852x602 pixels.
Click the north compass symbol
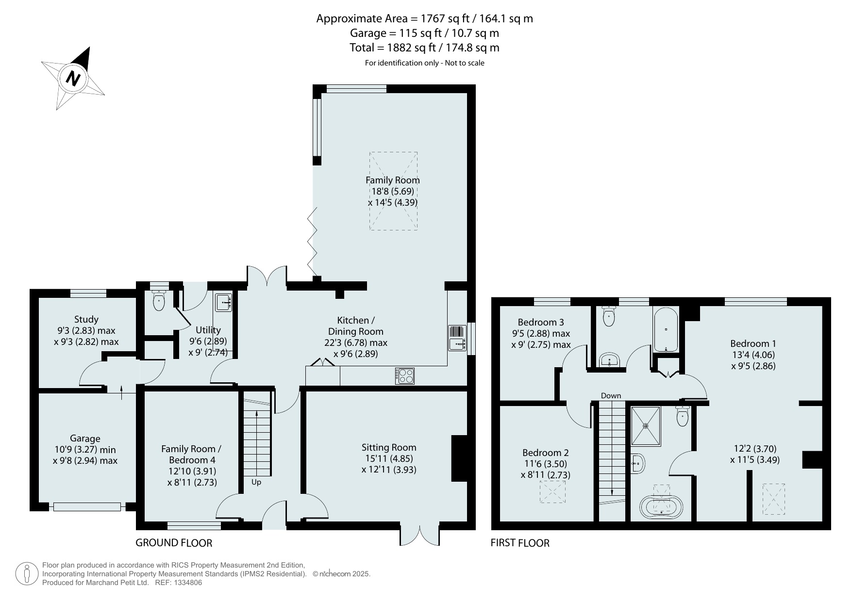point(73,77)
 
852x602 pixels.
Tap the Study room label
point(86,319)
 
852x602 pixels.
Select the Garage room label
point(85,439)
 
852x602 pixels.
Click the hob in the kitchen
point(405,375)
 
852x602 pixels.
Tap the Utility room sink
point(223,302)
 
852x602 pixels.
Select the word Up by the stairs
point(256,482)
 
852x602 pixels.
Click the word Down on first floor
point(611,395)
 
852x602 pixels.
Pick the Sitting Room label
point(389,447)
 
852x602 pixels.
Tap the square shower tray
point(646,426)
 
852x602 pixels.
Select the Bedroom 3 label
point(541,322)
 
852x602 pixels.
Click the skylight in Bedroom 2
point(552,491)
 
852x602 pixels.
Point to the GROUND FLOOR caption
point(174,543)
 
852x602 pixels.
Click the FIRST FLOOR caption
point(520,543)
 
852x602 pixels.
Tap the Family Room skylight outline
point(393,191)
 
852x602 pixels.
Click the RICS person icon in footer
point(27,574)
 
